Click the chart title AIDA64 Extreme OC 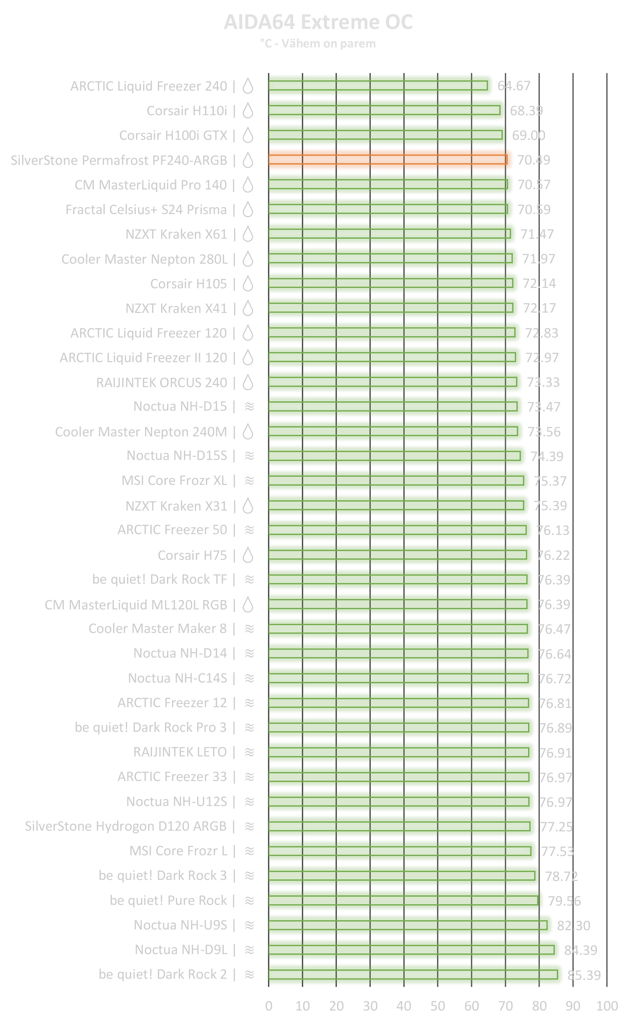318,22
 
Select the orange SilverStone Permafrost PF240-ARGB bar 387,159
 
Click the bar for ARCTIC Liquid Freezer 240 378,85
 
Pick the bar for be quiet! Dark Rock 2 413,974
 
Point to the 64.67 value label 514,86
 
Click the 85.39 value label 584,975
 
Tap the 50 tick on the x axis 437,1006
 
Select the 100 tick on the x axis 607,1006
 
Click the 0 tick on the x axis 269,1006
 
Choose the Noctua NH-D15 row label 180,406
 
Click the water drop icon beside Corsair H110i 248,111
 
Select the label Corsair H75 192,555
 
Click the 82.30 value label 573,926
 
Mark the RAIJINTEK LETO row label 180,752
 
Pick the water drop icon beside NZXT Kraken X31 248,506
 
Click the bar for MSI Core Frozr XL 396,481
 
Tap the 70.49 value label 533,160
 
